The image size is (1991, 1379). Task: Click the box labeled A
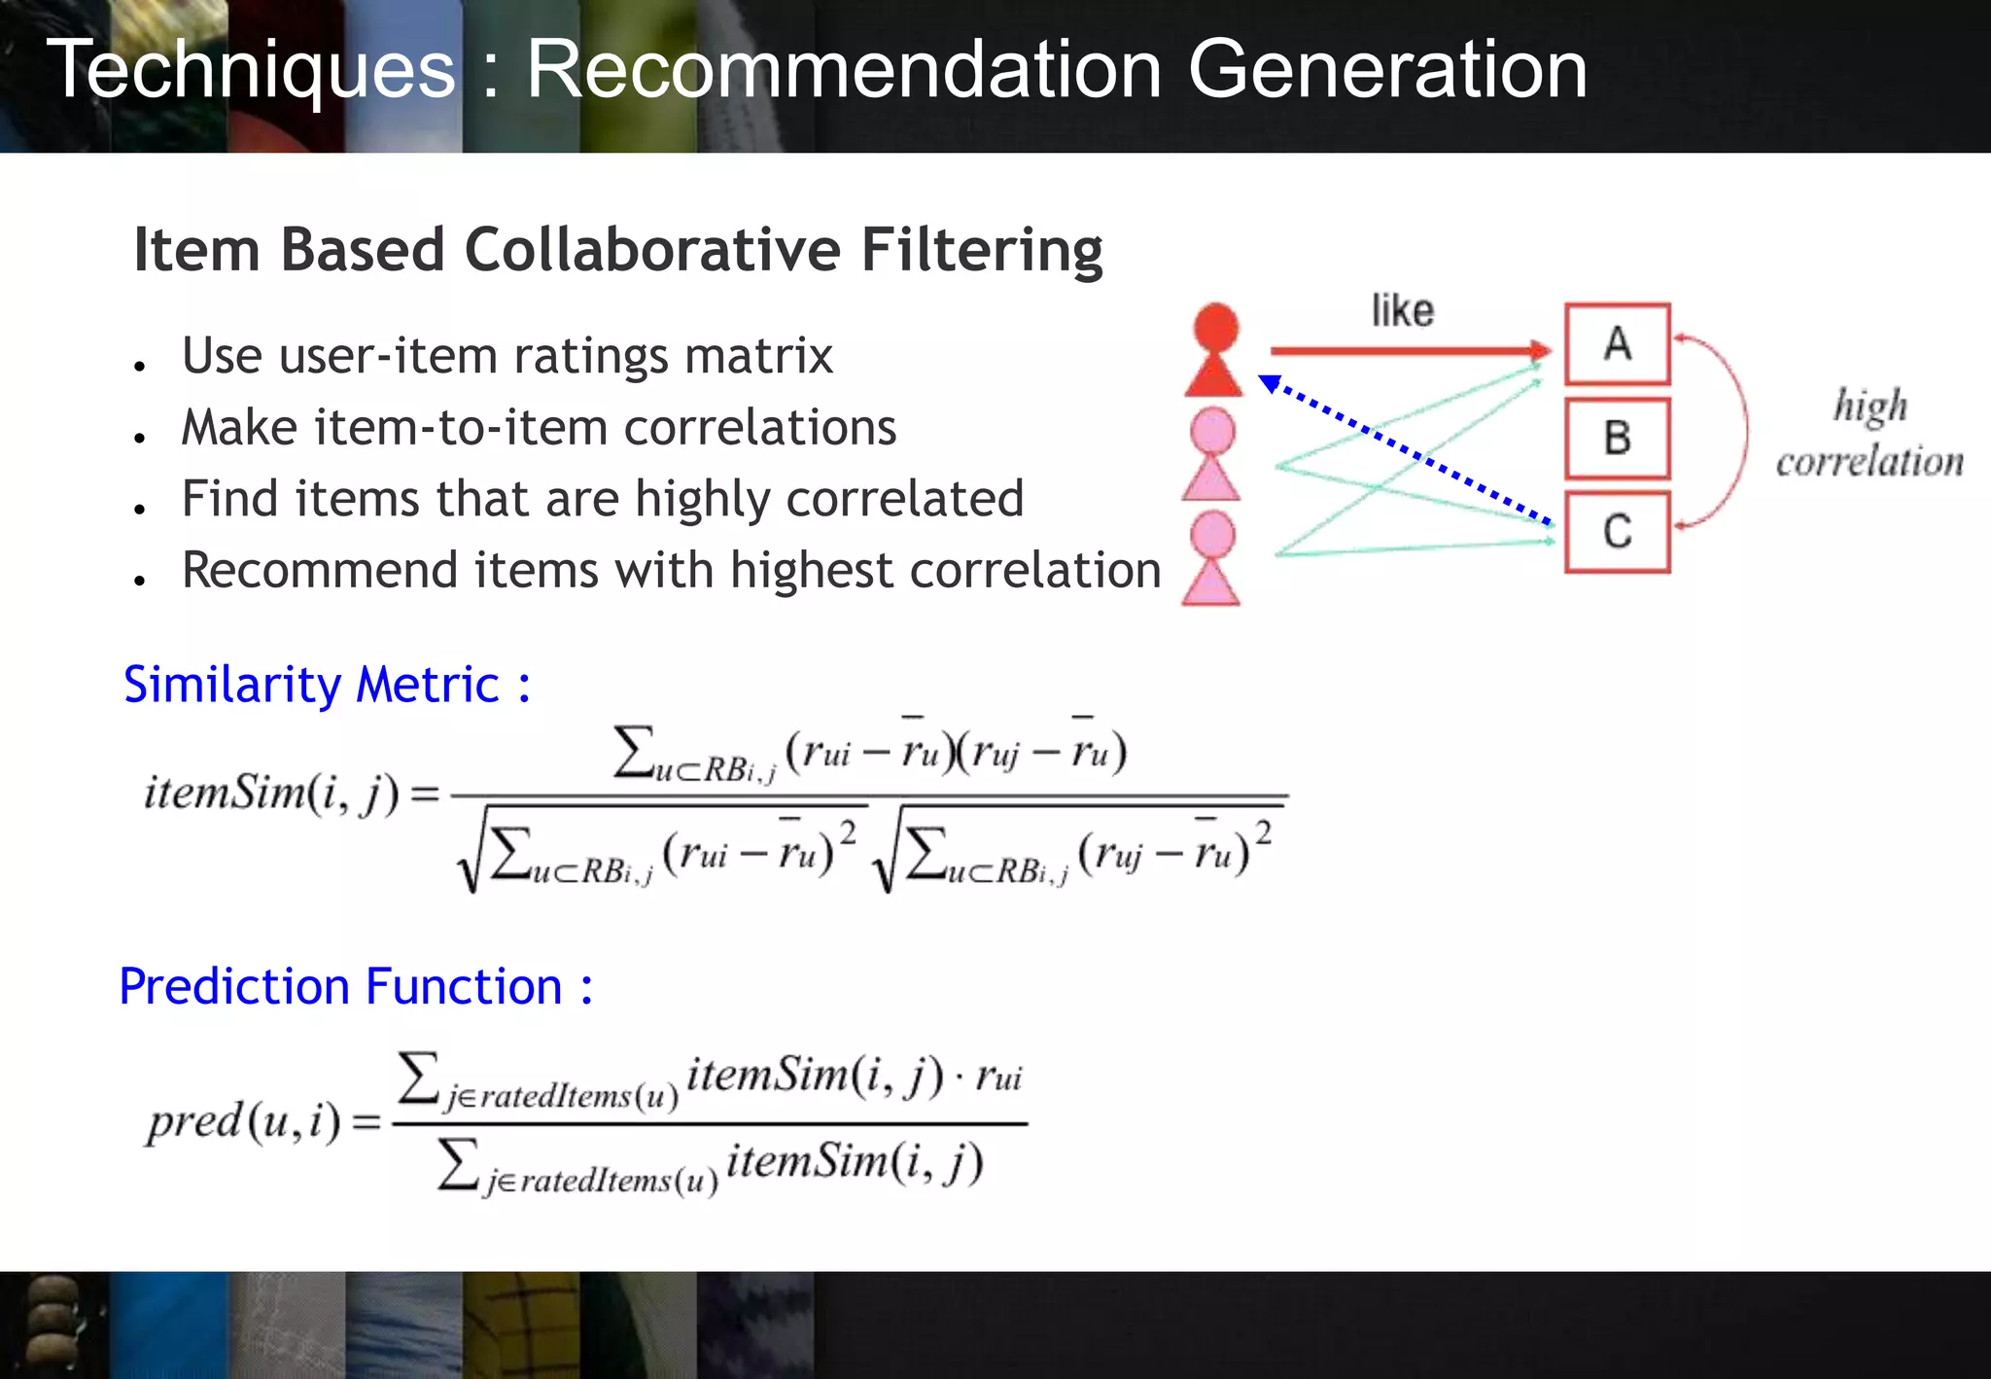(1617, 343)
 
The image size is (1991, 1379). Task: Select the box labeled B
(1617, 438)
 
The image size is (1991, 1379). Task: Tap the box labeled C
(1617, 532)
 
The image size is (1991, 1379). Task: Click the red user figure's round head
(1215, 327)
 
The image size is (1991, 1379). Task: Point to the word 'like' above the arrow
(1402, 311)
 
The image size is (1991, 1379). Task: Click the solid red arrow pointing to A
(1410, 350)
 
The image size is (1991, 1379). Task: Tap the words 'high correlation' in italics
(1869, 434)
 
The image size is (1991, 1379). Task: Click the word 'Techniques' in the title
(251, 70)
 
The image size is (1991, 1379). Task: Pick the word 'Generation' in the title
(1387, 70)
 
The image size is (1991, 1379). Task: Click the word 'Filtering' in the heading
(982, 251)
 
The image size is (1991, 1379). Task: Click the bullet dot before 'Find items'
(141, 509)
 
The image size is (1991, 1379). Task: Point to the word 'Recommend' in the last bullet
(319, 571)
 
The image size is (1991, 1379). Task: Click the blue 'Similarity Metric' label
(327, 685)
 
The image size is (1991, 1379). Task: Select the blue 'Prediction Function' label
(356, 987)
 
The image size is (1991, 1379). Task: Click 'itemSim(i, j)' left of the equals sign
(271, 794)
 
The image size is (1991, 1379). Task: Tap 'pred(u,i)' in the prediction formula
(244, 1122)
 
